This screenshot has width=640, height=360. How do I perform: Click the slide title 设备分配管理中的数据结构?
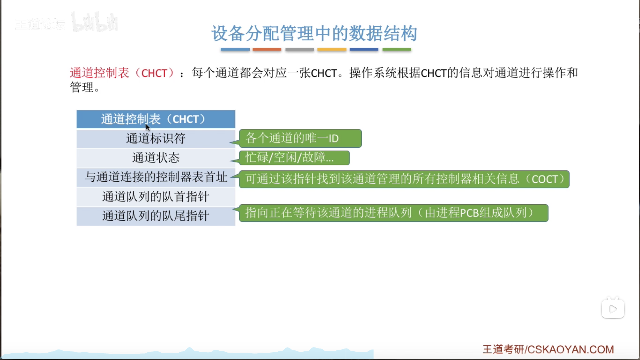click(314, 33)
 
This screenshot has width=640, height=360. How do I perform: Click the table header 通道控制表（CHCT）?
click(156, 119)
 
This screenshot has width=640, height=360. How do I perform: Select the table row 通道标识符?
click(156, 138)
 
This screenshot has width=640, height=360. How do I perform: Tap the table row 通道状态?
click(156, 158)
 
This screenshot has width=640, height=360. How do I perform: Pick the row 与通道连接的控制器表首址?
click(156, 177)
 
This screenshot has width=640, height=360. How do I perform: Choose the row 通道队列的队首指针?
click(156, 197)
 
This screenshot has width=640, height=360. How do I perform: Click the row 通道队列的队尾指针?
click(156, 216)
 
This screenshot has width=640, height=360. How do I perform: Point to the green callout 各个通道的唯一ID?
click(300, 138)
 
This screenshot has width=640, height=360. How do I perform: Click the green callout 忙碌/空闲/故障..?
click(294, 157)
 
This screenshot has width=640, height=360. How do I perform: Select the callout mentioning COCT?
click(404, 179)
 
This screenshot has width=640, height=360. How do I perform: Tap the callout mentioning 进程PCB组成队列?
click(394, 213)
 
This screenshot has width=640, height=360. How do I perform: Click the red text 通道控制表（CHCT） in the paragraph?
click(122, 73)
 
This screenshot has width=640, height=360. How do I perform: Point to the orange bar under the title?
click(267, 49)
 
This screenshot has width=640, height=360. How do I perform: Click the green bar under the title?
click(397, 49)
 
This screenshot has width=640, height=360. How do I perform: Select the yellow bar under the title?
click(332, 49)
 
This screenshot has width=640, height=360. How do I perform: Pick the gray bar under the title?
click(299, 49)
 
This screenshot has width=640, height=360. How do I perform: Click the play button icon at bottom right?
click(613, 309)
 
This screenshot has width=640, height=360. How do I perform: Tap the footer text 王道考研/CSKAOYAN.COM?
click(548, 349)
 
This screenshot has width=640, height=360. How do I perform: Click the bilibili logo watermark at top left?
click(94, 22)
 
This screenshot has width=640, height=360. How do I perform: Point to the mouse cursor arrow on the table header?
click(148, 127)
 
